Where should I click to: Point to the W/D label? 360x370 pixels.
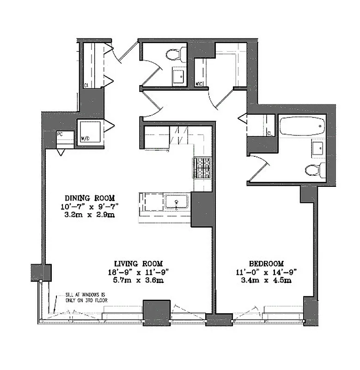coord(85,138)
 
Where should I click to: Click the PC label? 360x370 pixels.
coord(60,134)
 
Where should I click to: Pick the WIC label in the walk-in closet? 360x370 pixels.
coord(200,84)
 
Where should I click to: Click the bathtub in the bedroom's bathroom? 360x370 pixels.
coord(301,126)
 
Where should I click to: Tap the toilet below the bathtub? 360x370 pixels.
coord(314,170)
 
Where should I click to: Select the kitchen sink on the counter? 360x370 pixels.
coord(176,202)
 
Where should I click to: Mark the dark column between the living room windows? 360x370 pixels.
coord(156,313)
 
